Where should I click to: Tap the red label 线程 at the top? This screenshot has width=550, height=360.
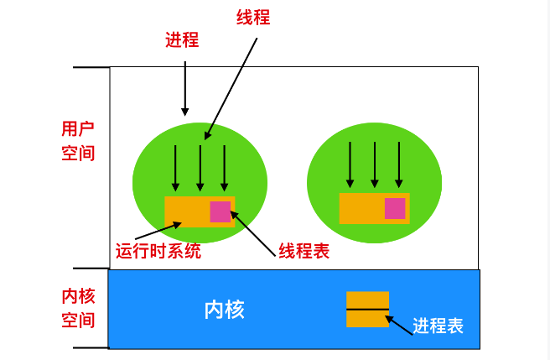[254, 17]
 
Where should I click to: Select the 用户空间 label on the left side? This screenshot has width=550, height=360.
[78, 141]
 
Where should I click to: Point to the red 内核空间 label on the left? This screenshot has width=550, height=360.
[78, 308]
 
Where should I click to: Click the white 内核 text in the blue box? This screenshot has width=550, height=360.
[225, 310]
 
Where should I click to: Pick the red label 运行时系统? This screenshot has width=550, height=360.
[158, 251]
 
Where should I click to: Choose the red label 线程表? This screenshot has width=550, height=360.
[304, 251]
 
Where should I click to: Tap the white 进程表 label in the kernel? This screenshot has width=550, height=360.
[438, 326]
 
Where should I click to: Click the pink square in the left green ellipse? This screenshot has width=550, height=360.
[221, 211]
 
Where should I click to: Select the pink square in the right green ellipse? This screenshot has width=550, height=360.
[395, 208]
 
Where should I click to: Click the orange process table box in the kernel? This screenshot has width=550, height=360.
[368, 309]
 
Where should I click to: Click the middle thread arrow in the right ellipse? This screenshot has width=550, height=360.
[375, 164]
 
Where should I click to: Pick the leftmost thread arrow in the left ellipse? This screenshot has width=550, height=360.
[175, 168]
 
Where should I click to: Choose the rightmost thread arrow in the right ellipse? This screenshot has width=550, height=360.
[399, 164]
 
